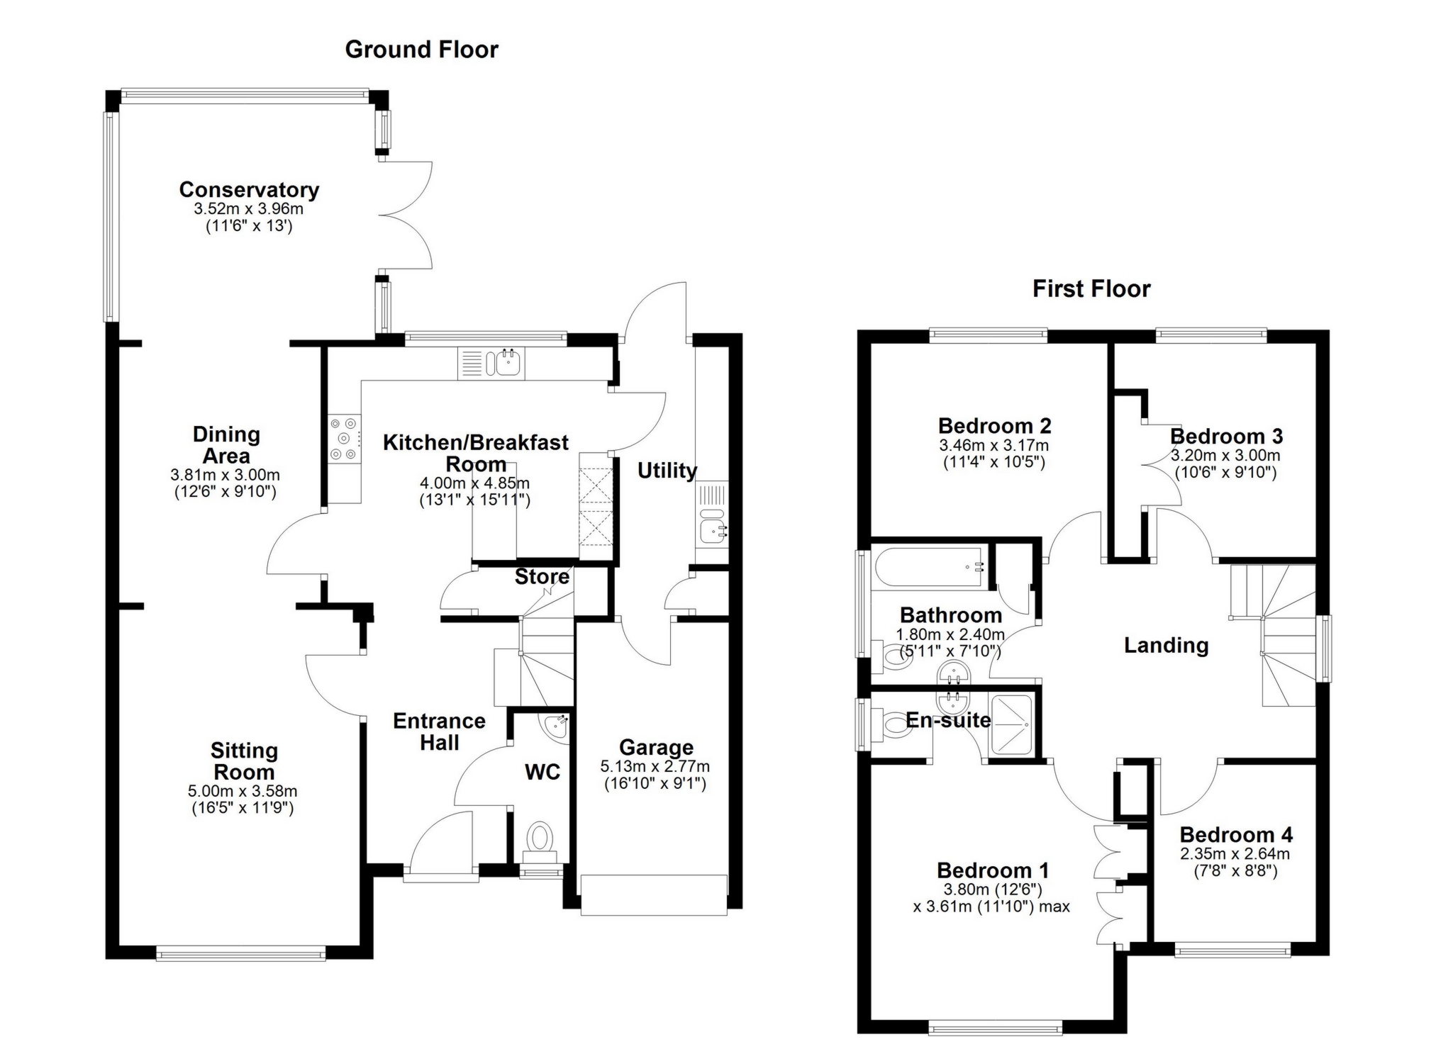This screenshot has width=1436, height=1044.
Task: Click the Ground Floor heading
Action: coord(421,50)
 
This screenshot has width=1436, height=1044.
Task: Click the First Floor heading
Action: coord(1091,289)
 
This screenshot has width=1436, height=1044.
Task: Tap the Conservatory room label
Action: coord(249,190)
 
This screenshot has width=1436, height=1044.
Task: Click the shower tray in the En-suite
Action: coord(1012,724)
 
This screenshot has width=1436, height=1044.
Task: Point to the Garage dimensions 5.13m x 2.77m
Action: coord(655,766)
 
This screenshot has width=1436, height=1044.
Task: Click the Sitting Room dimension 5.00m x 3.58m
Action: coord(244,791)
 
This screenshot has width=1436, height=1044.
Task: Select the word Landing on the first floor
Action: coord(1166,646)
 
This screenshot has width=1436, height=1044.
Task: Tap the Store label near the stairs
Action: coord(542,577)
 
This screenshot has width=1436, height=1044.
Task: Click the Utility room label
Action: coord(667,471)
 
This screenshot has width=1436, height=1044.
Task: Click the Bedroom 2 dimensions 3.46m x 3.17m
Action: coord(993,446)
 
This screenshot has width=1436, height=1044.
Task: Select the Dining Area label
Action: coord(226,444)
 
